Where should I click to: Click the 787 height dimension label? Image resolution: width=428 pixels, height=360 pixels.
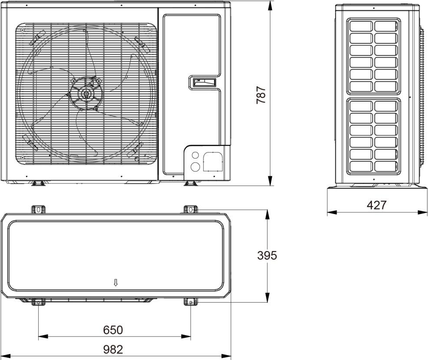point(261,95)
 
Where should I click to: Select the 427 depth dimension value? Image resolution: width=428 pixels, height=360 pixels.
point(377,205)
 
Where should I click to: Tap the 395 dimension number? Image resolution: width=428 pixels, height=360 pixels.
point(267,255)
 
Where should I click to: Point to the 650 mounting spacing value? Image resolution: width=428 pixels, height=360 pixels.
point(113,330)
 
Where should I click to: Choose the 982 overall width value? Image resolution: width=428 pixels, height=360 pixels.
point(113,349)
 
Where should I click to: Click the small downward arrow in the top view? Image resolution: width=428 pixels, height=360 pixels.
point(116,283)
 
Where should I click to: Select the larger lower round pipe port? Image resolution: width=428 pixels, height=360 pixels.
point(195,167)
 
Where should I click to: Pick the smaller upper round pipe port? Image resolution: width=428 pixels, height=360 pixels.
point(195,155)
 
